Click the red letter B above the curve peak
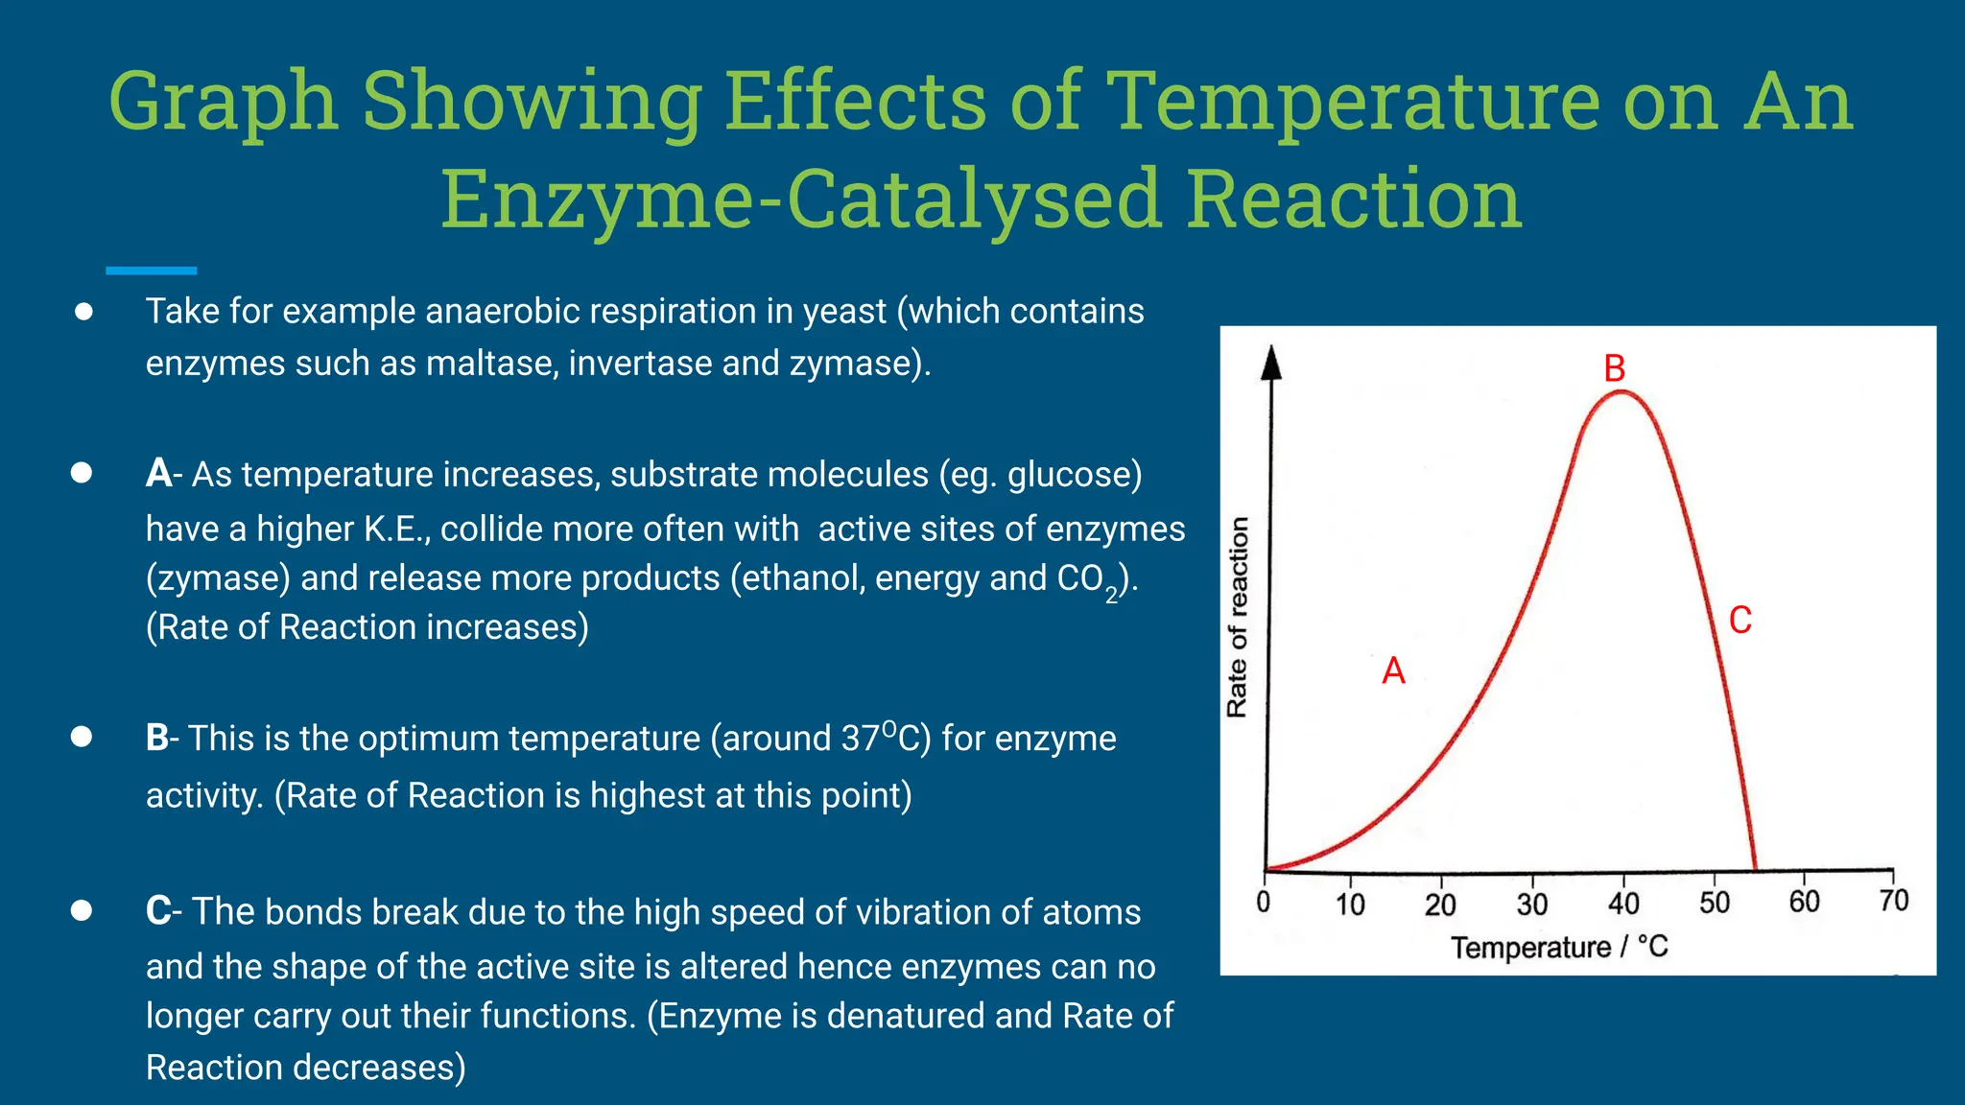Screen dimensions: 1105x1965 point(1615,368)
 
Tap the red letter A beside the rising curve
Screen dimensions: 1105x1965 point(1393,670)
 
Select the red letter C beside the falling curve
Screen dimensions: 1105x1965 point(1740,620)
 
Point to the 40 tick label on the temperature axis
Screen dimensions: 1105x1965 point(1623,904)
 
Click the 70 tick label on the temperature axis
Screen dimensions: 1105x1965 point(1894,901)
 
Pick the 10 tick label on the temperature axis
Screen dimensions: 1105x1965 point(1350,905)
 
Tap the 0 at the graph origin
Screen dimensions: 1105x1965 point(1264,902)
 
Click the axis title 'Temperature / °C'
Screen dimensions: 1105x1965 point(1559,948)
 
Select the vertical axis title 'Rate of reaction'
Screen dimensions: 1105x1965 point(1238,617)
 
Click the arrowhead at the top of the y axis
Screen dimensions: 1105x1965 point(1271,363)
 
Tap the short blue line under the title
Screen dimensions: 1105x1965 point(151,271)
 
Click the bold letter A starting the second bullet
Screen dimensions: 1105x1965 point(158,474)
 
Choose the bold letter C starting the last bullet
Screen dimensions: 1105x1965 point(158,911)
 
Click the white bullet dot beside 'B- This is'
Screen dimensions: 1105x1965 point(82,737)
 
